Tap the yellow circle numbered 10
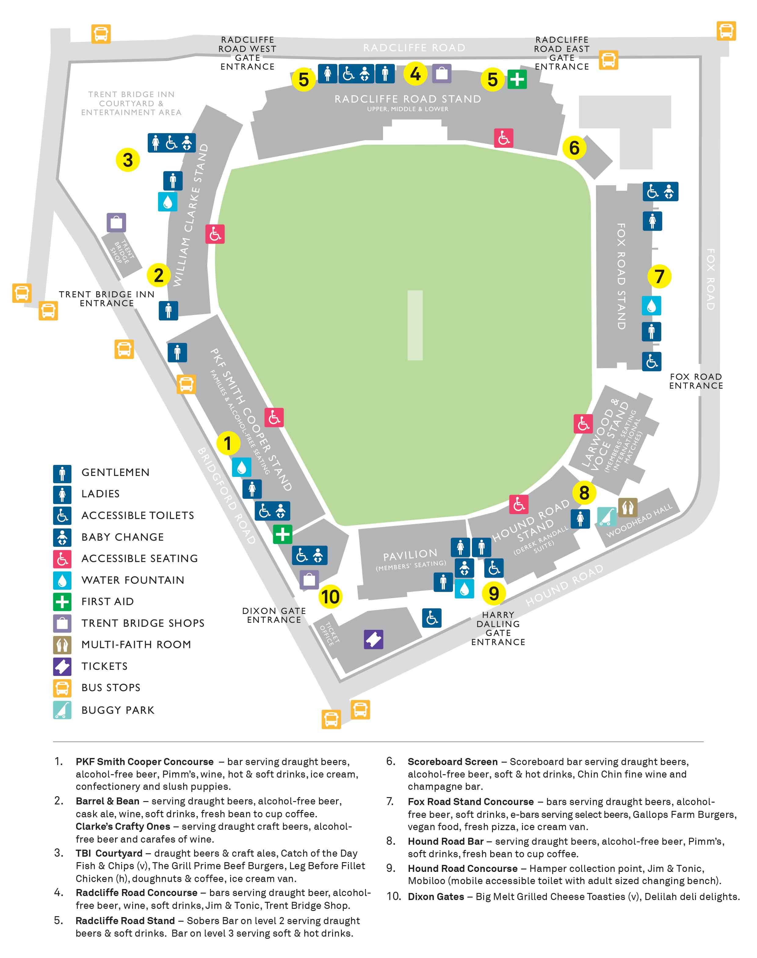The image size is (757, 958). [x=330, y=597]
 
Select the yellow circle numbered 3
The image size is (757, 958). [x=128, y=160]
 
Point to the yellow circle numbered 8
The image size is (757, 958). [x=584, y=492]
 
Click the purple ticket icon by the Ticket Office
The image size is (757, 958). [x=374, y=639]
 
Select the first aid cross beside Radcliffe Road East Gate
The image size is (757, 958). [x=517, y=79]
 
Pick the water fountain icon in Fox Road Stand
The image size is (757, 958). [x=651, y=306]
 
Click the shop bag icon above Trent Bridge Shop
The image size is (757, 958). [x=116, y=223]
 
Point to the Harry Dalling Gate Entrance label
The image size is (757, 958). [x=498, y=628]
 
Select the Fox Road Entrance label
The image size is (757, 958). [x=696, y=381]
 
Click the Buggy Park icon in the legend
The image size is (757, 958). [x=62, y=710]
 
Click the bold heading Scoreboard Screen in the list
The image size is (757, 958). [x=452, y=762]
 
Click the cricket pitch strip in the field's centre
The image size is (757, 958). [x=415, y=325]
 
